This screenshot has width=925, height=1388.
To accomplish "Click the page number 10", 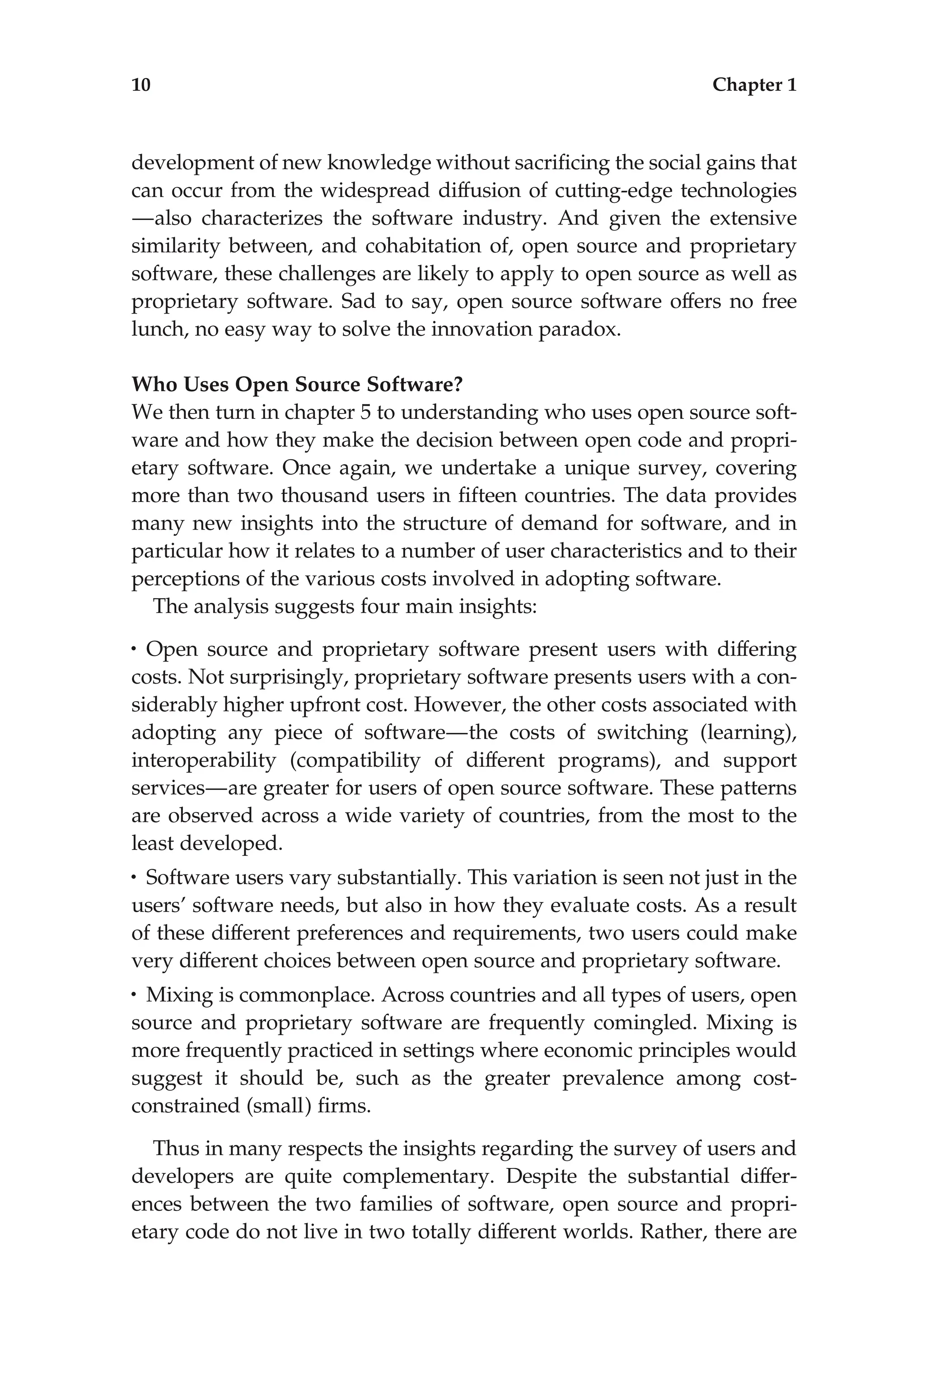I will [x=141, y=85].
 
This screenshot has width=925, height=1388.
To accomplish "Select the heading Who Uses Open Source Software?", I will [x=297, y=385].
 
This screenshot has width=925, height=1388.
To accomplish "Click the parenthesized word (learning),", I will [x=747, y=733].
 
